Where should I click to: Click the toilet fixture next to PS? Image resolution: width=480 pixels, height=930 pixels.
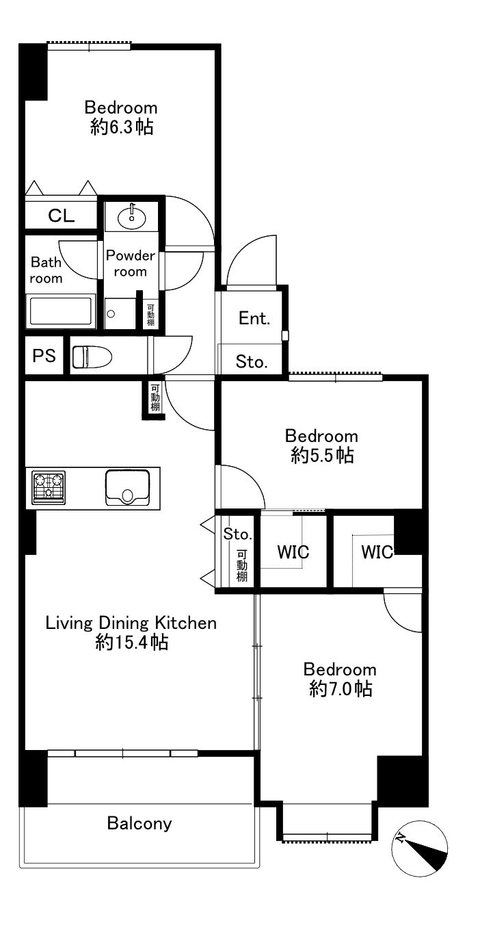[x=92, y=357]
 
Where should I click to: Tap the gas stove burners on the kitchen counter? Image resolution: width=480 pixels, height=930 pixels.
[x=49, y=487]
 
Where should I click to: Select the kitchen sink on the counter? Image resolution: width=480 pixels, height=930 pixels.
[x=127, y=487]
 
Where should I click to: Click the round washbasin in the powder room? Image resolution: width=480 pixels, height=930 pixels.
[x=131, y=217]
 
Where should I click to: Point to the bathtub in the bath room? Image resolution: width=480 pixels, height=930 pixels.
[x=61, y=311]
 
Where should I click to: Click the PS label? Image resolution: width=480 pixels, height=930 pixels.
[x=44, y=356]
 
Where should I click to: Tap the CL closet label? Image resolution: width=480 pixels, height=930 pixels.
[x=62, y=216]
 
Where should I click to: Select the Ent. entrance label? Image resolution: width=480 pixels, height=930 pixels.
[x=254, y=318]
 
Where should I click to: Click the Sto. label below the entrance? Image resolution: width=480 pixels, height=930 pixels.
[x=252, y=362]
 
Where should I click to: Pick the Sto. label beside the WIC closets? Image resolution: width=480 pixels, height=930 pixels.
[x=237, y=534]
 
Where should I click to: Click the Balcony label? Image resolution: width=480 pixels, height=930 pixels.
[x=139, y=823]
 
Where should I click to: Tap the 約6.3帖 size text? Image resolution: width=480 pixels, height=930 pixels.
[x=122, y=127]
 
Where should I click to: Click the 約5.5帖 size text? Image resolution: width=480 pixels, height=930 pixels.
[x=322, y=456]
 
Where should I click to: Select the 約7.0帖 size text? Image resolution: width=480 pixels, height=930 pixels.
[x=341, y=689]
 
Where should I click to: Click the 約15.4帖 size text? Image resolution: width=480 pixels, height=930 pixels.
[x=131, y=643]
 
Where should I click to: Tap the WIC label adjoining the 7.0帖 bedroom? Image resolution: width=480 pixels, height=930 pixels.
[x=377, y=552]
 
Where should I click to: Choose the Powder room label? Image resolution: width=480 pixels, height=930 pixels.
[x=131, y=263]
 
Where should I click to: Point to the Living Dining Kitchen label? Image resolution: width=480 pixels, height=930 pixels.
[x=131, y=623]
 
